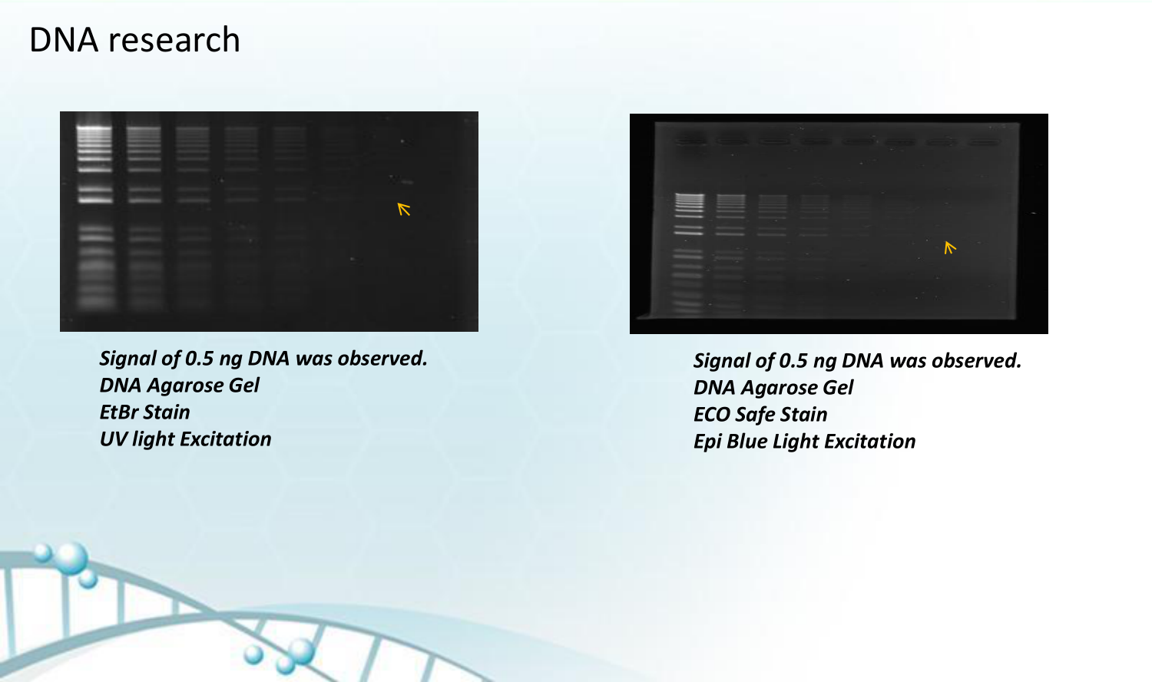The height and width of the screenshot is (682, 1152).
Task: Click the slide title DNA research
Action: pyautogui.click(x=134, y=40)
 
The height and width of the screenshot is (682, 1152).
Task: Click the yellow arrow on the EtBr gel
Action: pyautogui.click(x=404, y=209)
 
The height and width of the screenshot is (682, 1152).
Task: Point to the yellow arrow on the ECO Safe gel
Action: pyautogui.click(x=950, y=247)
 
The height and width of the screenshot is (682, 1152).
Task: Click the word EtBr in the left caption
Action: pyautogui.click(x=119, y=412)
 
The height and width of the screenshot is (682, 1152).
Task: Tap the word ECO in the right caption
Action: pyautogui.click(x=711, y=415)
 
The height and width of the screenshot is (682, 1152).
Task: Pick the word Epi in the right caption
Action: pyautogui.click(x=707, y=442)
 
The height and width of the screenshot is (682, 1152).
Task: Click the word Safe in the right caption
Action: pyautogui.click(x=754, y=415)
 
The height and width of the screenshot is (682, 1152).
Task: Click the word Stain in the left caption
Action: pyautogui.click(x=167, y=412)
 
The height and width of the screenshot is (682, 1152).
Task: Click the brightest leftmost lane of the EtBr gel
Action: pyautogui.click(x=94, y=215)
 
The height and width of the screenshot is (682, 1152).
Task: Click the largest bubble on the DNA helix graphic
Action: pyautogui.click(x=71, y=558)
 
